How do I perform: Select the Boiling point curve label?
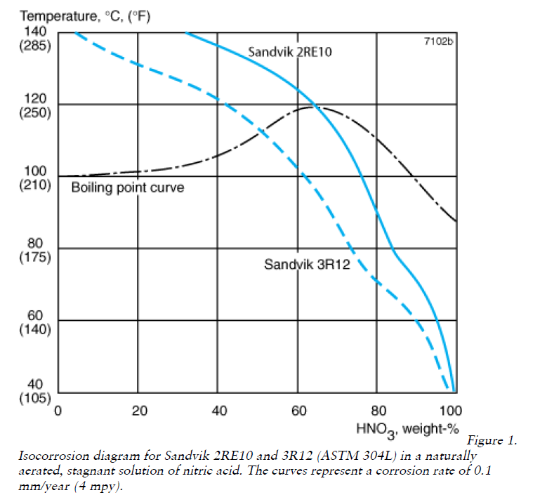coord(128,188)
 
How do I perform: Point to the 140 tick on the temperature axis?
coord(37,32)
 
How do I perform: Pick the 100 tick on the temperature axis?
coord(37,171)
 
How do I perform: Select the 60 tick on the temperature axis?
coord(37,315)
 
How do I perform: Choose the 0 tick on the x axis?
coord(60,411)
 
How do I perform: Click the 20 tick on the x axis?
coord(139,411)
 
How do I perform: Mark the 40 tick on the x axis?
coord(219,411)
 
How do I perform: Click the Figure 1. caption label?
coord(492,441)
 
